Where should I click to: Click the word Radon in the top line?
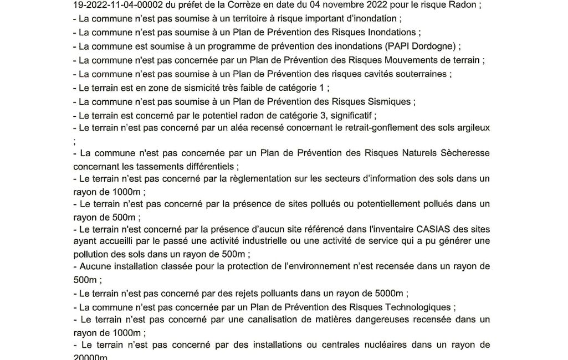coord(464,6)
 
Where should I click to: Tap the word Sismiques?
coord(387,101)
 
